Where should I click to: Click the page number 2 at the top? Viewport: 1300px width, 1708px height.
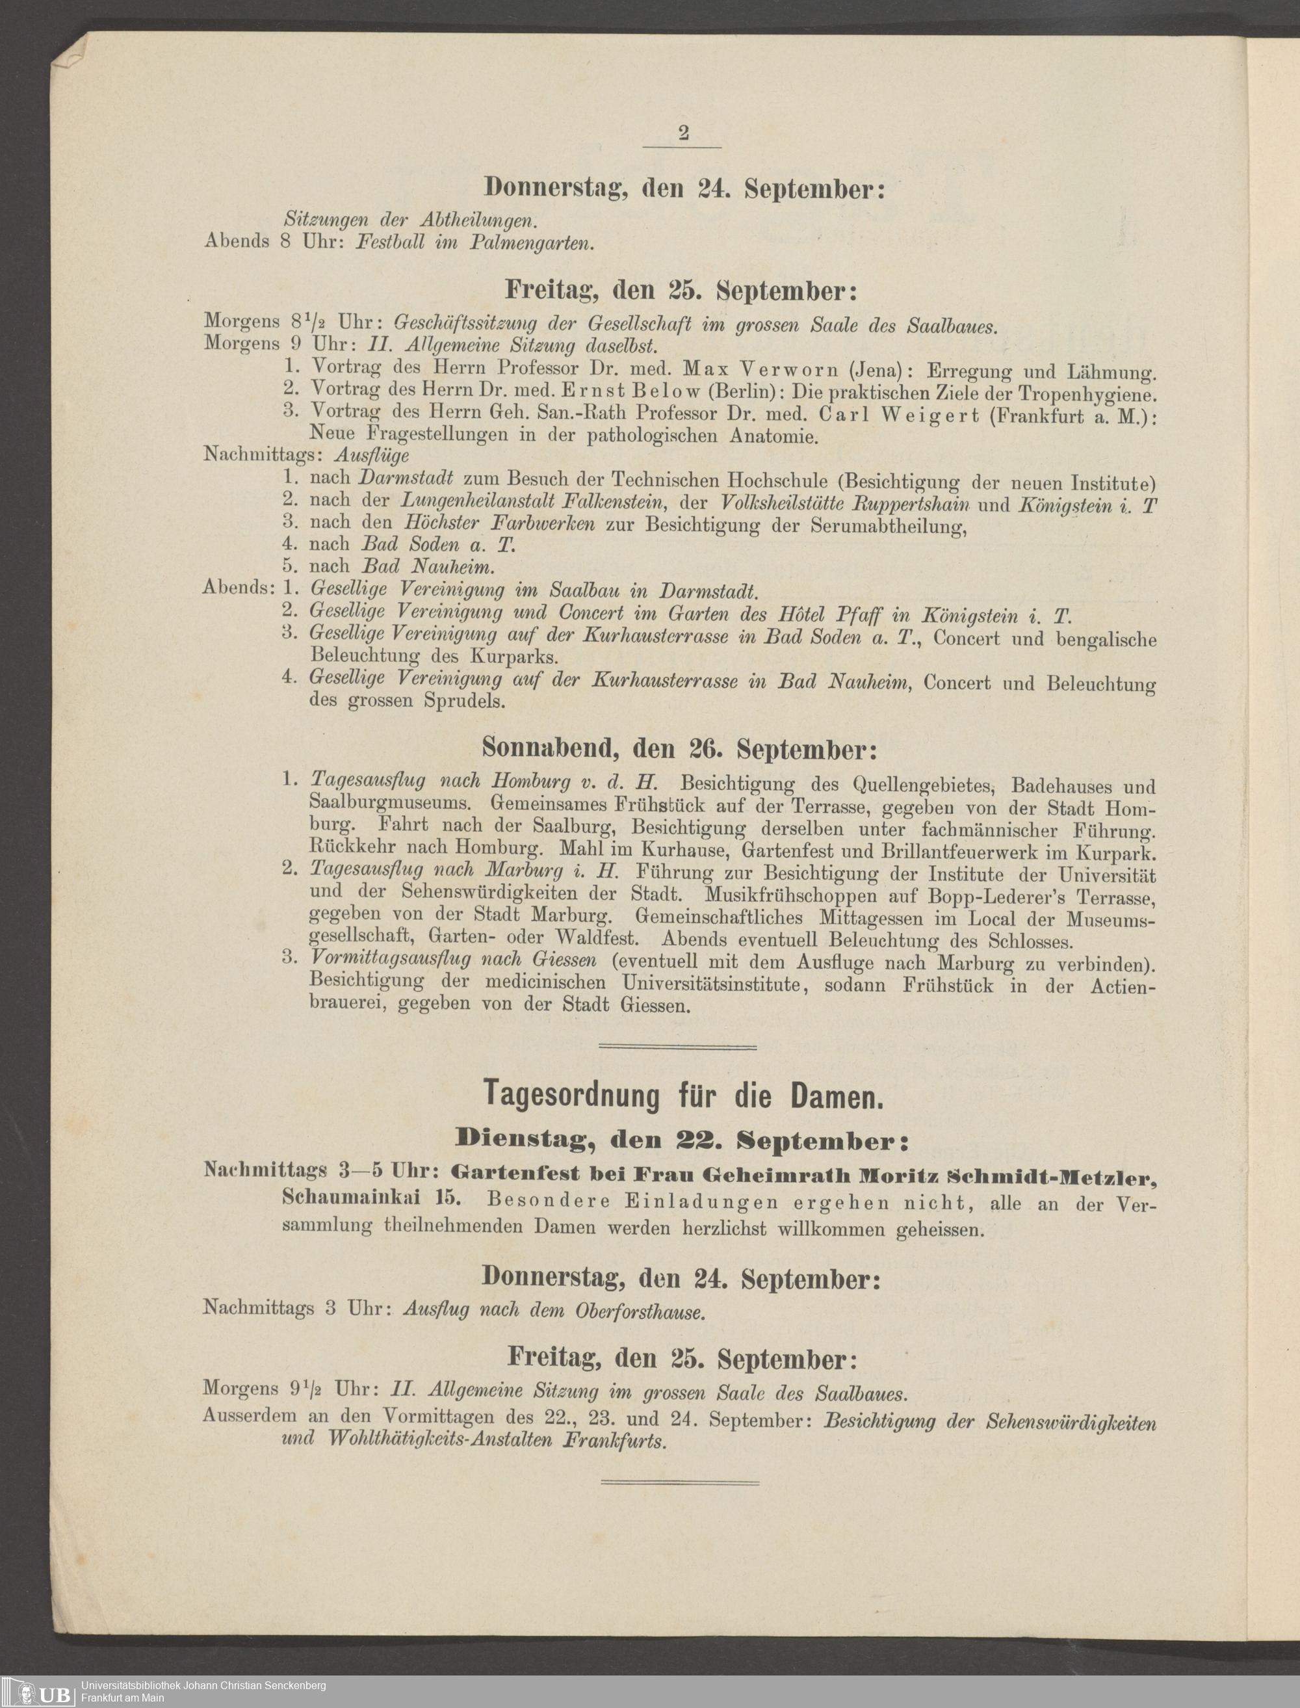pyautogui.click(x=683, y=133)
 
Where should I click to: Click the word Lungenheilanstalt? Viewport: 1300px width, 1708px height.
pyautogui.click(x=475, y=501)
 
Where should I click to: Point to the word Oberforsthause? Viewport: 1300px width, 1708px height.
pyautogui.click(x=639, y=1312)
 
